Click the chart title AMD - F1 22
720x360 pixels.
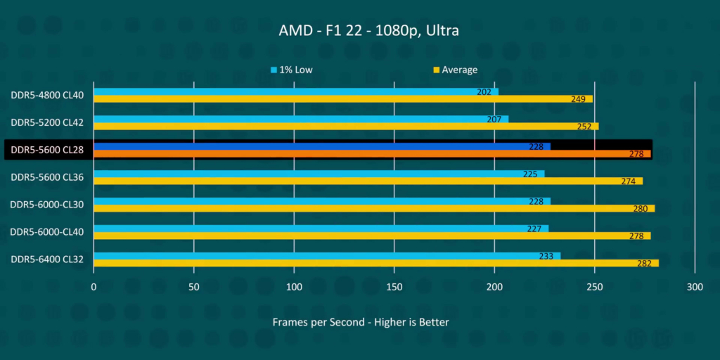click(x=359, y=31)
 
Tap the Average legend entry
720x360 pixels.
click(x=456, y=70)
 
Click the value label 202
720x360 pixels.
click(x=484, y=91)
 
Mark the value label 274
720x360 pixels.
click(x=628, y=181)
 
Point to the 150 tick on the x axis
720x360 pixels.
click(x=394, y=287)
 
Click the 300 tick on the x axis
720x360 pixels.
click(x=695, y=287)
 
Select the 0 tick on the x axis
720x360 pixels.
click(x=94, y=287)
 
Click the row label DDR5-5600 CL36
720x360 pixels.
click(x=47, y=177)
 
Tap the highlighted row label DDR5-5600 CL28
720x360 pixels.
click(x=47, y=150)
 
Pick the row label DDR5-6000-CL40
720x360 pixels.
click(x=47, y=232)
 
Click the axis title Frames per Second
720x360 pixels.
click(x=360, y=322)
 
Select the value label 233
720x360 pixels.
click(x=546, y=256)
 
